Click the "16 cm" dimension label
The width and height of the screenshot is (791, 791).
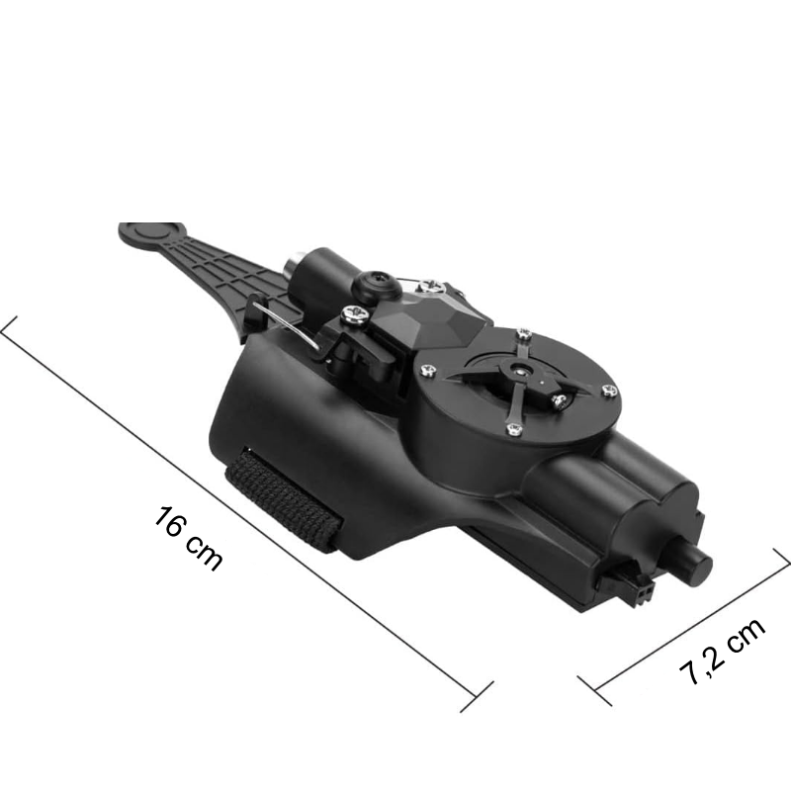188,538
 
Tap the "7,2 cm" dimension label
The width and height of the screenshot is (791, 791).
722,651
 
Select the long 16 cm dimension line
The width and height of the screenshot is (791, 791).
246,513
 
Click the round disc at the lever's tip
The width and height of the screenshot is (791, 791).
152,234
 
